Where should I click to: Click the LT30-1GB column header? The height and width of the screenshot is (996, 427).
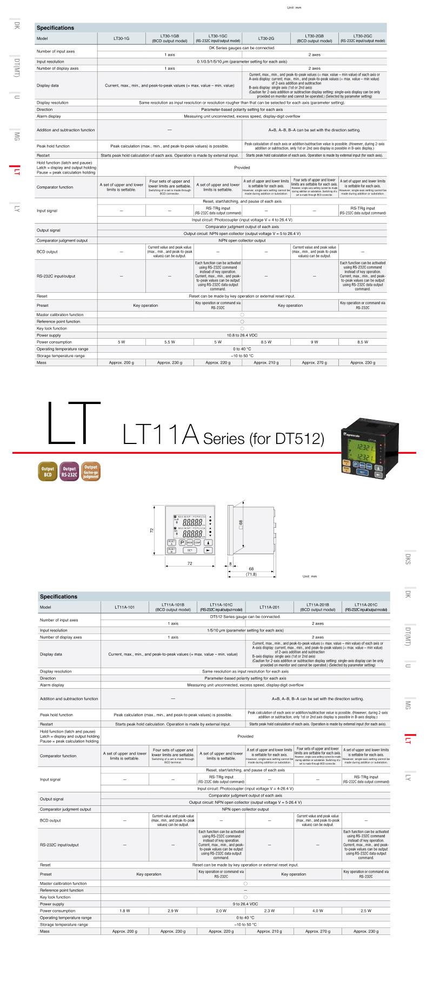click(170, 38)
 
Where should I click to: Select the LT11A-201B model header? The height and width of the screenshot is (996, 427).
click(318, 607)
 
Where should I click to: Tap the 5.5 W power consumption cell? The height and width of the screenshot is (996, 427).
click(170, 342)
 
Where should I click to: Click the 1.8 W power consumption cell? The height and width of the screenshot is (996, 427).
click(124, 911)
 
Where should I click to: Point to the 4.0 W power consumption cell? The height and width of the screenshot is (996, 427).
click(318, 911)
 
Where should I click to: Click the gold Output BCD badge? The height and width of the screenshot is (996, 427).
click(47, 472)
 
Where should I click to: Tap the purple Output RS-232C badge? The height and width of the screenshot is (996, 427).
click(69, 472)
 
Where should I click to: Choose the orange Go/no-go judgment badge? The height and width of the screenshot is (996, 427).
click(91, 471)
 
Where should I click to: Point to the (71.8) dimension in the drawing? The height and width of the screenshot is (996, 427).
click(251, 574)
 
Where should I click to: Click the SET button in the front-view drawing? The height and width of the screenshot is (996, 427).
click(190, 550)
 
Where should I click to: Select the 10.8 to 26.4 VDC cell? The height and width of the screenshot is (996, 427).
click(242, 335)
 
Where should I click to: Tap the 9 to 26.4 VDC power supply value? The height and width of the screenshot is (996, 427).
click(245, 904)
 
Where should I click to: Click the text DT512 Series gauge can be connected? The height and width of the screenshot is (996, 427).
click(245, 616)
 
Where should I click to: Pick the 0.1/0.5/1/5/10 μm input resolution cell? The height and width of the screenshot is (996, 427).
click(242, 62)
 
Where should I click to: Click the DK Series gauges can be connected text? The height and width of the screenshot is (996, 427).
click(242, 48)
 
